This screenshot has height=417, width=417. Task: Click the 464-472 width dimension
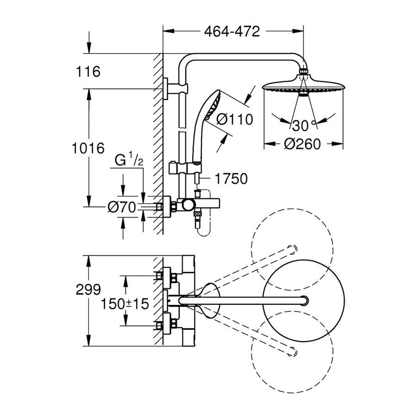coord(232,31)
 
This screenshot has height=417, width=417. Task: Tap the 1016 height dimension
coord(88,148)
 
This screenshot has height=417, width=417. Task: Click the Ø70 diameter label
coord(121,208)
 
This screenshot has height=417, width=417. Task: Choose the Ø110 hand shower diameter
coord(234,120)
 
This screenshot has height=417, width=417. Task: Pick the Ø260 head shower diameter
coord(303,144)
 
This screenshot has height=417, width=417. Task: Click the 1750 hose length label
coord(232,178)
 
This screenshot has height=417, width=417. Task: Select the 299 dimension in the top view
coord(88,290)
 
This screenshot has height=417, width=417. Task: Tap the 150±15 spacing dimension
coord(125,304)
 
